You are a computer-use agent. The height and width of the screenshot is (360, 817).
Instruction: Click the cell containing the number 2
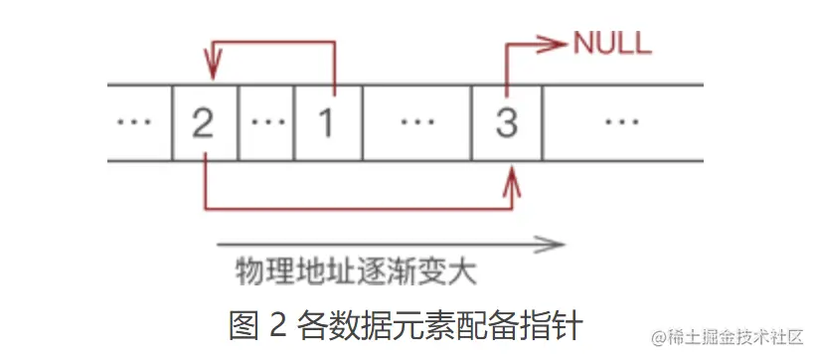pyautogui.click(x=205, y=122)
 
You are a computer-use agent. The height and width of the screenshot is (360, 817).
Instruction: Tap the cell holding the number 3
pyautogui.click(x=507, y=122)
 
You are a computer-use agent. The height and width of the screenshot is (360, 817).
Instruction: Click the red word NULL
pyautogui.click(x=612, y=43)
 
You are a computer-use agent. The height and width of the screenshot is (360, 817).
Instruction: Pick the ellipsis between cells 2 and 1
pyautogui.click(x=266, y=122)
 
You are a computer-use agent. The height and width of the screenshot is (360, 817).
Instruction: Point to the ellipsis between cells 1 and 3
pyautogui.click(x=416, y=122)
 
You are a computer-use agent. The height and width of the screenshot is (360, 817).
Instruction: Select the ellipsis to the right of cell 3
pyautogui.click(x=623, y=122)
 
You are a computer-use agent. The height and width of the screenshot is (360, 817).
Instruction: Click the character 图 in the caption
pyautogui.click(x=244, y=325)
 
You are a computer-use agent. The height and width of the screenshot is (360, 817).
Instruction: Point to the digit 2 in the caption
pyautogui.click(x=279, y=326)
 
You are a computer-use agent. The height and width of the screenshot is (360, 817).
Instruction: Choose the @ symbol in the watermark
pyautogui.click(x=658, y=337)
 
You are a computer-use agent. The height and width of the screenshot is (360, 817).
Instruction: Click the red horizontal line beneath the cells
pyautogui.click(x=358, y=209)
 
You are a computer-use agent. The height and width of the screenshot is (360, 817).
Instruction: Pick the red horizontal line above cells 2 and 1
pyautogui.click(x=273, y=43)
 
